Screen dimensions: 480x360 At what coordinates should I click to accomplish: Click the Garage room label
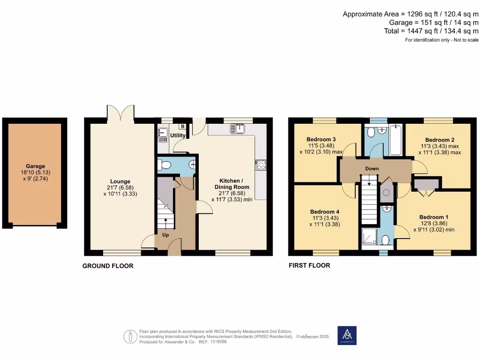click(x=35, y=166)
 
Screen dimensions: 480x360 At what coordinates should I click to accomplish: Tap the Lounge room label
click(x=120, y=181)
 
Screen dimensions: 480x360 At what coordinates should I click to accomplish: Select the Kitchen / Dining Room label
click(x=232, y=184)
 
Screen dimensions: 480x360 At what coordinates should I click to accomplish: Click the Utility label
click(x=178, y=135)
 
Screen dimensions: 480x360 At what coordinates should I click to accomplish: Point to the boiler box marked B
click(x=182, y=127)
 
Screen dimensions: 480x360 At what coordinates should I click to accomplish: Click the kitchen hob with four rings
click(x=261, y=165)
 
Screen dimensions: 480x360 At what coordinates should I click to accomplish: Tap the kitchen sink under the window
click(x=237, y=128)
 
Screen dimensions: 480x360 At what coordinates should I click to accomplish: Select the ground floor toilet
click(x=164, y=165)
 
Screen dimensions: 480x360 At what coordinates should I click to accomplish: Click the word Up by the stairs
click(x=165, y=235)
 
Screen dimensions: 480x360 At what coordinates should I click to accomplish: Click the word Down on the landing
click(x=372, y=168)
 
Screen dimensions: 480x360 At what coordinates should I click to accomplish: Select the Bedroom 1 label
click(x=434, y=217)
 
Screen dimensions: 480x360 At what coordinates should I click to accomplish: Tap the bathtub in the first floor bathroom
click(x=396, y=140)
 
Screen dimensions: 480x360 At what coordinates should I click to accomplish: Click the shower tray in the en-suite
click(x=369, y=236)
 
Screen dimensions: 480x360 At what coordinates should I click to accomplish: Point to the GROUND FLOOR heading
click(x=108, y=266)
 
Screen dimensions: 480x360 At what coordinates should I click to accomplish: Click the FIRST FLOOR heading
click(x=309, y=265)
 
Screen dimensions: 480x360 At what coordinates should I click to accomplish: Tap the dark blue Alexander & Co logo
click(x=347, y=336)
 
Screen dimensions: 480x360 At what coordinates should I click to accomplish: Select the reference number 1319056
click(x=218, y=342)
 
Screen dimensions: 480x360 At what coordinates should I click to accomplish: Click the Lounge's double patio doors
click(x=120, y=114)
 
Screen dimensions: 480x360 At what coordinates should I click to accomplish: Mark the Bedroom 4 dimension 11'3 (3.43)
click(x=325, y=218)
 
